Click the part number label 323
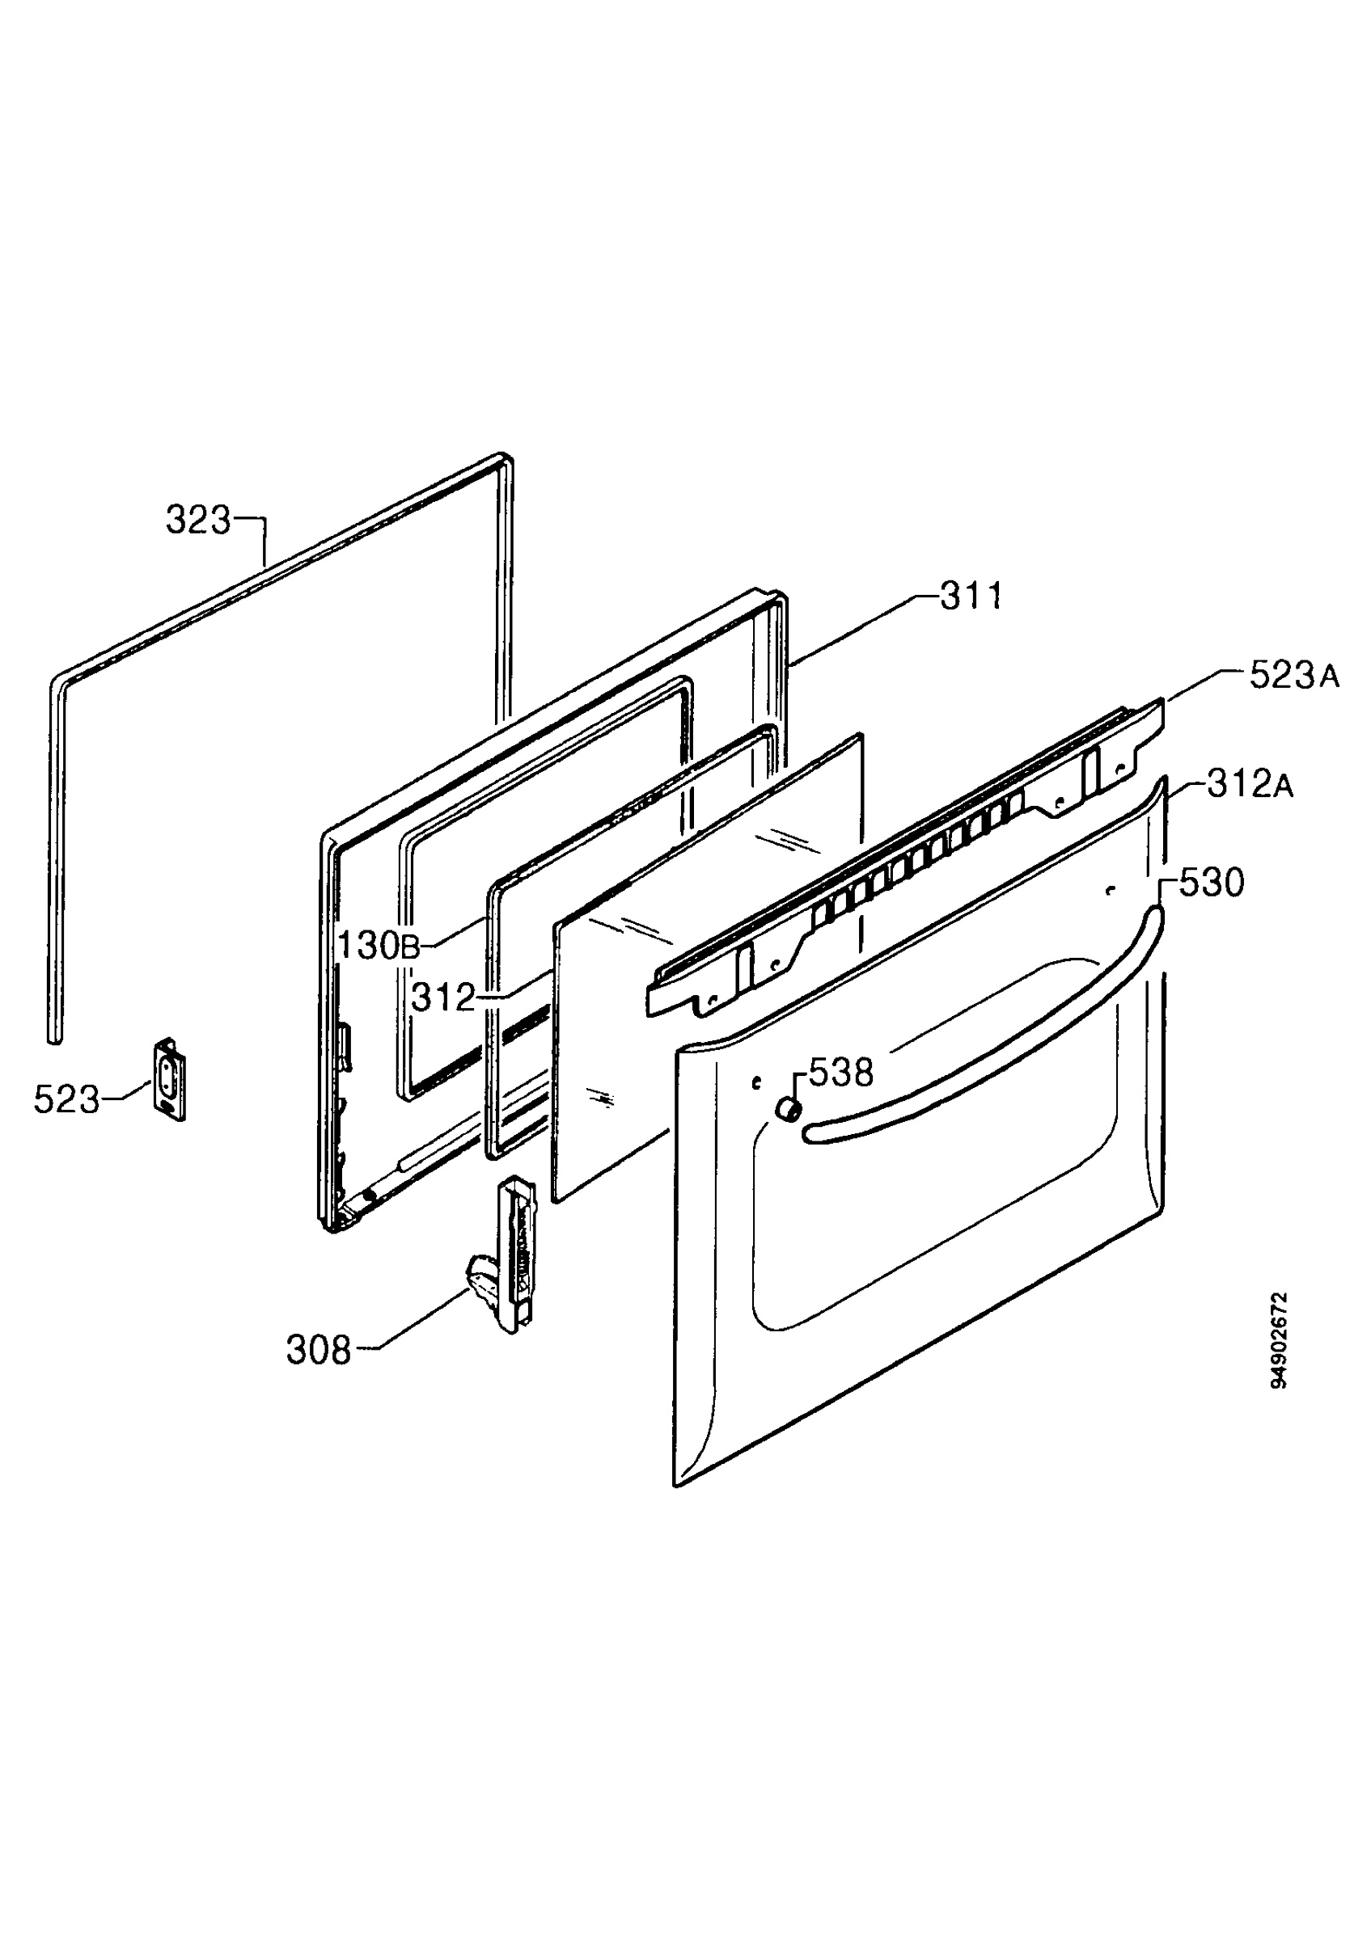tap(198, 521)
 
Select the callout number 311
tap(971, 596)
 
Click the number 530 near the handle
tap(1211, 884)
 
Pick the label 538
tap(840, 1073)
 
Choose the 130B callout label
tap(378, 946)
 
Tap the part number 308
tap(318, 1350)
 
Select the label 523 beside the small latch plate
tap(66, 1100)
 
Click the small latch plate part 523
tap(169, 1079)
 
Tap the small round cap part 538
tap(789, 1108)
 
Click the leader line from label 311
tap(864, 632)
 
